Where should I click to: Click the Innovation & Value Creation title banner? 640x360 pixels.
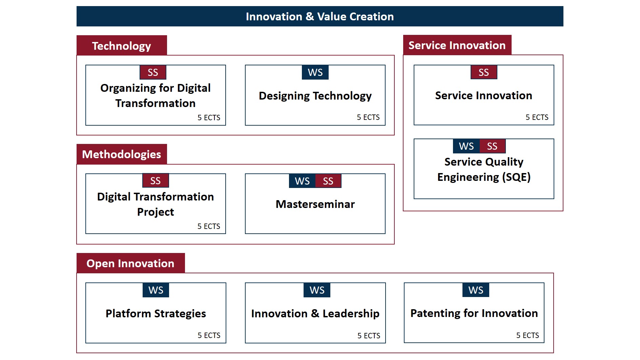pyautogui.click(x=320, y=16)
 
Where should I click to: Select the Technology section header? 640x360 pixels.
pyautogui.click(x=122, y=45)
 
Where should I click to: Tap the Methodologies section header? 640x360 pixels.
pyautogui.click(x=122, y=154)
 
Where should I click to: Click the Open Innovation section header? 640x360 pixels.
pyautogui.click(x=130, y=263)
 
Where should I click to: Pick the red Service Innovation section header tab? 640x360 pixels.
pyautogui.click(x=457, y=45)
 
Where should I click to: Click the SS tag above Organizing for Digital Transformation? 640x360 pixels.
pyautogui.click(x=153, y=72)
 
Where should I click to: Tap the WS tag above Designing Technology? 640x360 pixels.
pyautogui.click(x=315, y=72)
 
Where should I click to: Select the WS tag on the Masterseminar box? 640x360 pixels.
pyautogui.click(x=302, y=181)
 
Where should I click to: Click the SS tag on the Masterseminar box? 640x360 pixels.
pyautogui.click(x=328, y=181)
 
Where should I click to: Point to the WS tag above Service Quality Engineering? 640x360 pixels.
pyautogui.click(x=466, y=146)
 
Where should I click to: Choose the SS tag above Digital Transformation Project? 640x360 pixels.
pyautogui.click(x=156, y=181)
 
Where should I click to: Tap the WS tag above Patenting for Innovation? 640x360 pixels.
pyautogui.click(x=476, y=290)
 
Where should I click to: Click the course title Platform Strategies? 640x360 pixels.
pyautogui.click(x=156, y=314)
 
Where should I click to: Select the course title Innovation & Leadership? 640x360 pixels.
pyautogui.click(x=315, y=314)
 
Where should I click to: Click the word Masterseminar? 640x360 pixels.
pyautogui.click(x=315, y=204)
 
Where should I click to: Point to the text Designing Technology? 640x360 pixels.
pyautogui.click(x=315, y=96)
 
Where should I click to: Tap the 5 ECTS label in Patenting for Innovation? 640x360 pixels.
pyautogui.click(x=528, y=335)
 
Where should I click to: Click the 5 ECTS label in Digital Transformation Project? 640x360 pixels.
pyautogui.click(x=209, y=226)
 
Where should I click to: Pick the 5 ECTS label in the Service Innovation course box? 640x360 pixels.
pyautogui.click(x=537, y=117)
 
